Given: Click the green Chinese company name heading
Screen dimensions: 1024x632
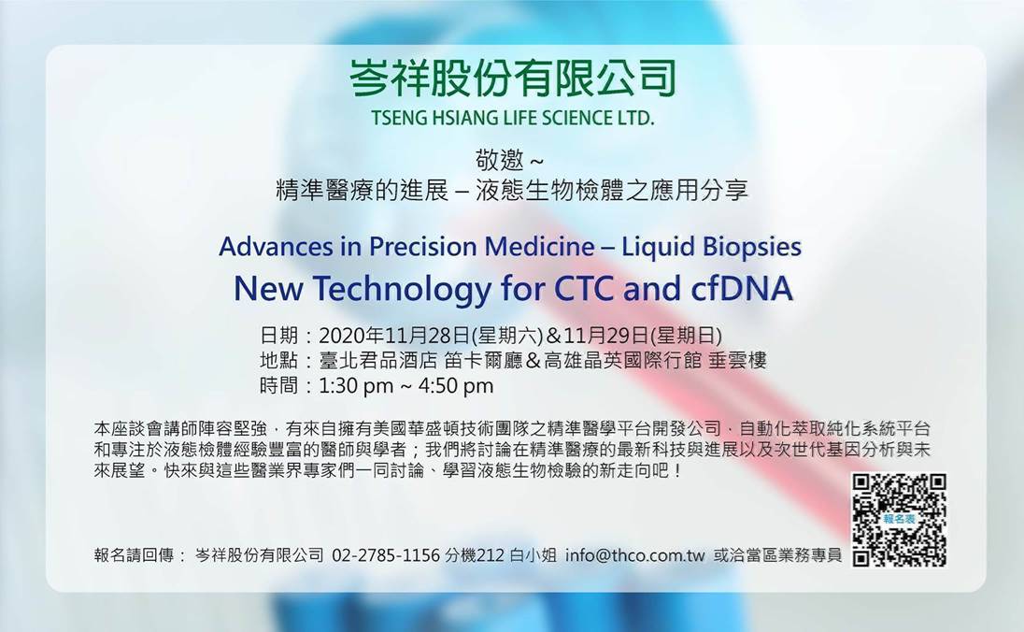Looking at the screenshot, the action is (x=513, y=79).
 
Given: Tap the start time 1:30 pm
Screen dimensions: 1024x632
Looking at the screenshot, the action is (x=356, y=385).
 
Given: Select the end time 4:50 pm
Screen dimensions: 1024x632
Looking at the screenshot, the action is (x=456, y=385).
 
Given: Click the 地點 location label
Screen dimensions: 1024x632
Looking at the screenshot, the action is (x=278, y=360).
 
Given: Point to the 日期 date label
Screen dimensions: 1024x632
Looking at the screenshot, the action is (x=278, y=336).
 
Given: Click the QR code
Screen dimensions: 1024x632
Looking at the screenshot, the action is (x=899, y=520).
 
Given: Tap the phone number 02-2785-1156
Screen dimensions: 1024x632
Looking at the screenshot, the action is (x=386, y=555).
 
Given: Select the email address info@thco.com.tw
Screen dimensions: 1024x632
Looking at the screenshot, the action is (x=635, y=555).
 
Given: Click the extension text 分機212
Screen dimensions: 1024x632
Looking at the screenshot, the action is (x=474, y=555).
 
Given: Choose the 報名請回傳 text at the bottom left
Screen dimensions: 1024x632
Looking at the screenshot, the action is (x=134, y=555).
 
